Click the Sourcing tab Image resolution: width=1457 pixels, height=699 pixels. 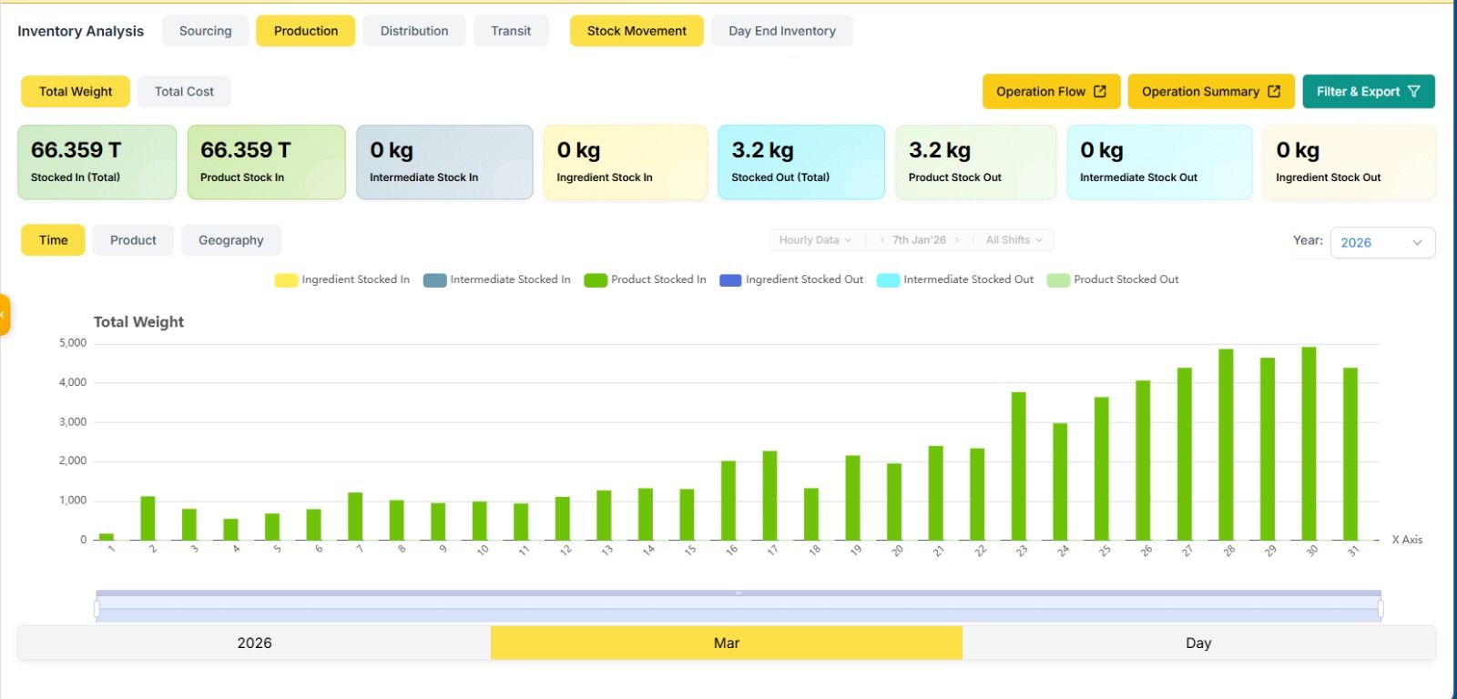[x=205, y=31]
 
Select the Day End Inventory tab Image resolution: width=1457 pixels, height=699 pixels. [x=781, y=31]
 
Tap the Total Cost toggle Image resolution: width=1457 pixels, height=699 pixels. [x=184, y=91]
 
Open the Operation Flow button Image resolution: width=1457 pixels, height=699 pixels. [x=1051, y=91]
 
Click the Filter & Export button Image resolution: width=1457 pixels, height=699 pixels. [x=1368, y=91]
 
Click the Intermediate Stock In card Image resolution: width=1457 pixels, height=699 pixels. [x=443, y=162]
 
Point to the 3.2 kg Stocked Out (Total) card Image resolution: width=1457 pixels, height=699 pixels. [x=800, y=162]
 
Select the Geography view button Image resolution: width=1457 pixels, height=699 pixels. [x=230, y=240]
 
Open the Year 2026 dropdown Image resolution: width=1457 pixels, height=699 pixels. [x=1381, y=242]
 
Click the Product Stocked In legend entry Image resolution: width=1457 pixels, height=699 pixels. [x=645, y=279]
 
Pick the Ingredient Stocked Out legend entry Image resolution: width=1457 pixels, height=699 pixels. [x=791, y=279]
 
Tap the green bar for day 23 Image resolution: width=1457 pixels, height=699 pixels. [x=1018, y=466]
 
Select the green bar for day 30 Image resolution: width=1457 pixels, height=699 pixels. [x=1309, y=443]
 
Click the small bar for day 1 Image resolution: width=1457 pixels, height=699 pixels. [x=107, y=536]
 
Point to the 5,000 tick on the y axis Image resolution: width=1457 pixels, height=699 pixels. [x=73, y=343]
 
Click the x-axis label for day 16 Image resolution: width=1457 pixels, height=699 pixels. [x=730, y=551]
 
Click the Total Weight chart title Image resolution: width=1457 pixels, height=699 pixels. [x=138, y=321]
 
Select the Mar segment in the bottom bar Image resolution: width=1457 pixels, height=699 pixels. [x=726, y=643]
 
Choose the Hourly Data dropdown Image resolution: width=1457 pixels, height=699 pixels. [x=815, y=240]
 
